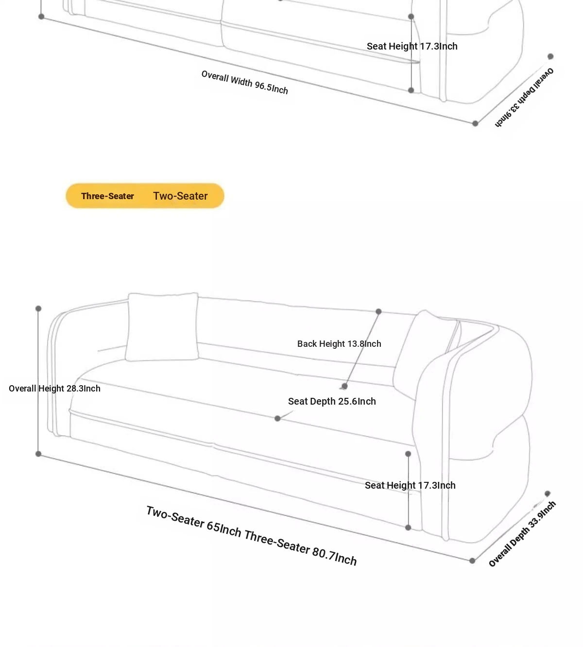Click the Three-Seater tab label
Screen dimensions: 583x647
(107, 196)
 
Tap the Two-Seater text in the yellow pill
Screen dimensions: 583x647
(180, 196)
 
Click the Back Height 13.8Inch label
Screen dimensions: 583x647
(339, 344)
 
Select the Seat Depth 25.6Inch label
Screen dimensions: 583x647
(332, 401)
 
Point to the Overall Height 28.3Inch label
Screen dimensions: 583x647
(54, 388)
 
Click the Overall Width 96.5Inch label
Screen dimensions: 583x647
(244, 82)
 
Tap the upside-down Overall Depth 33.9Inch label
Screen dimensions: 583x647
(524, 98)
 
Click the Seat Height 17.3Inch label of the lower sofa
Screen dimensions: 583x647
(410, 485)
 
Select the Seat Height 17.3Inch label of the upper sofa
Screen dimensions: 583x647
(412, 46)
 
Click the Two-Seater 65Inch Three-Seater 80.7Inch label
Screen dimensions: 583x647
(252, 536)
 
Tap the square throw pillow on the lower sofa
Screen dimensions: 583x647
(162, 327)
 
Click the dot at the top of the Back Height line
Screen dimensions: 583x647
(378, 311)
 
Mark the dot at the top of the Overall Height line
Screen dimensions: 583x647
(38, 308)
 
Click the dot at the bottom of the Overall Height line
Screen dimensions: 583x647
(38, 454)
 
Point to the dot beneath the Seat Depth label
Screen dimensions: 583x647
(277, 418)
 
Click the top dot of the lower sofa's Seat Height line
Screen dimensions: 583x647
(408, 454)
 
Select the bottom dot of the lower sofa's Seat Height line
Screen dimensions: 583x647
(408, 528)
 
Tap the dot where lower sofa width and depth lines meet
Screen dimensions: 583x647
(472, 561)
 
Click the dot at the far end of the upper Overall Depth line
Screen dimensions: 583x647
(550, 56)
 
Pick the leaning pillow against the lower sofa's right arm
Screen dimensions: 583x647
(426, 355)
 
